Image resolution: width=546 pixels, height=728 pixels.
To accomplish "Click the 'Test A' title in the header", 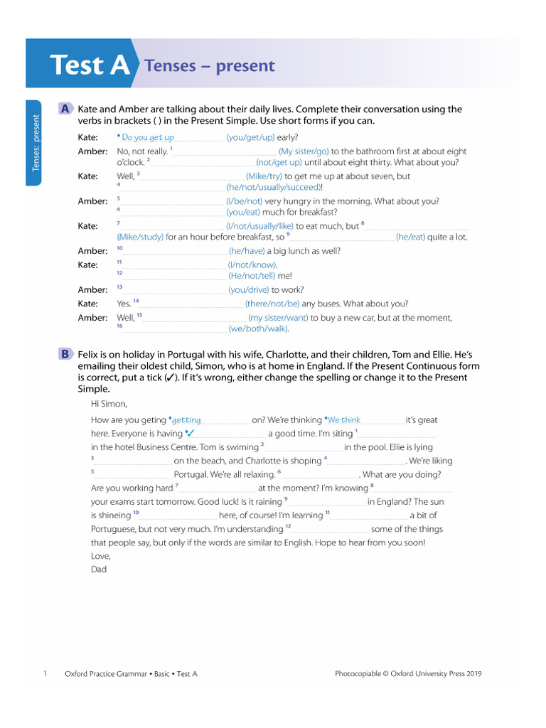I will point(90,65).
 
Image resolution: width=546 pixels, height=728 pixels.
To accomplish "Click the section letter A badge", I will point(65,109).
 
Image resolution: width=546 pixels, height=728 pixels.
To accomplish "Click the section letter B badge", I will point(65,353).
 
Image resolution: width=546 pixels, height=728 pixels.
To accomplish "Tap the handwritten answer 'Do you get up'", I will point(148,138).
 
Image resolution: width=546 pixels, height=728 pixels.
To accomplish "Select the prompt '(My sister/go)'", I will point(304,151).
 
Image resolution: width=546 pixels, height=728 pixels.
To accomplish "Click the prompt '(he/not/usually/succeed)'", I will point(274,188).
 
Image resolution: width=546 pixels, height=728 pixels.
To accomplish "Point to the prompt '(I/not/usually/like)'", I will point(259,226).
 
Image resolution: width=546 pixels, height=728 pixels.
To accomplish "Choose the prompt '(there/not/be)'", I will point(272,304).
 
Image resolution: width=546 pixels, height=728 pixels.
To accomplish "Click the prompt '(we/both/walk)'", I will point(259,328).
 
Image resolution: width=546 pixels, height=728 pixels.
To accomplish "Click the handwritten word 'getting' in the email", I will point(186,420).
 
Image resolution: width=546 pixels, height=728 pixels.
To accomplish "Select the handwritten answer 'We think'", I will point(344,420).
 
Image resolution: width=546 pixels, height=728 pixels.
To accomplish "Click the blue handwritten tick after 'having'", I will point(191,433).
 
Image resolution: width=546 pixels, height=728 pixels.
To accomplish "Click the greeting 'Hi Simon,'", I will point(109,404).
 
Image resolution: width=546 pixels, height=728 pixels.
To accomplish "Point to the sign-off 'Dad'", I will point(99,569).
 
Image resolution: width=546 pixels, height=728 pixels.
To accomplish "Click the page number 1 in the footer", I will point(45,673).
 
